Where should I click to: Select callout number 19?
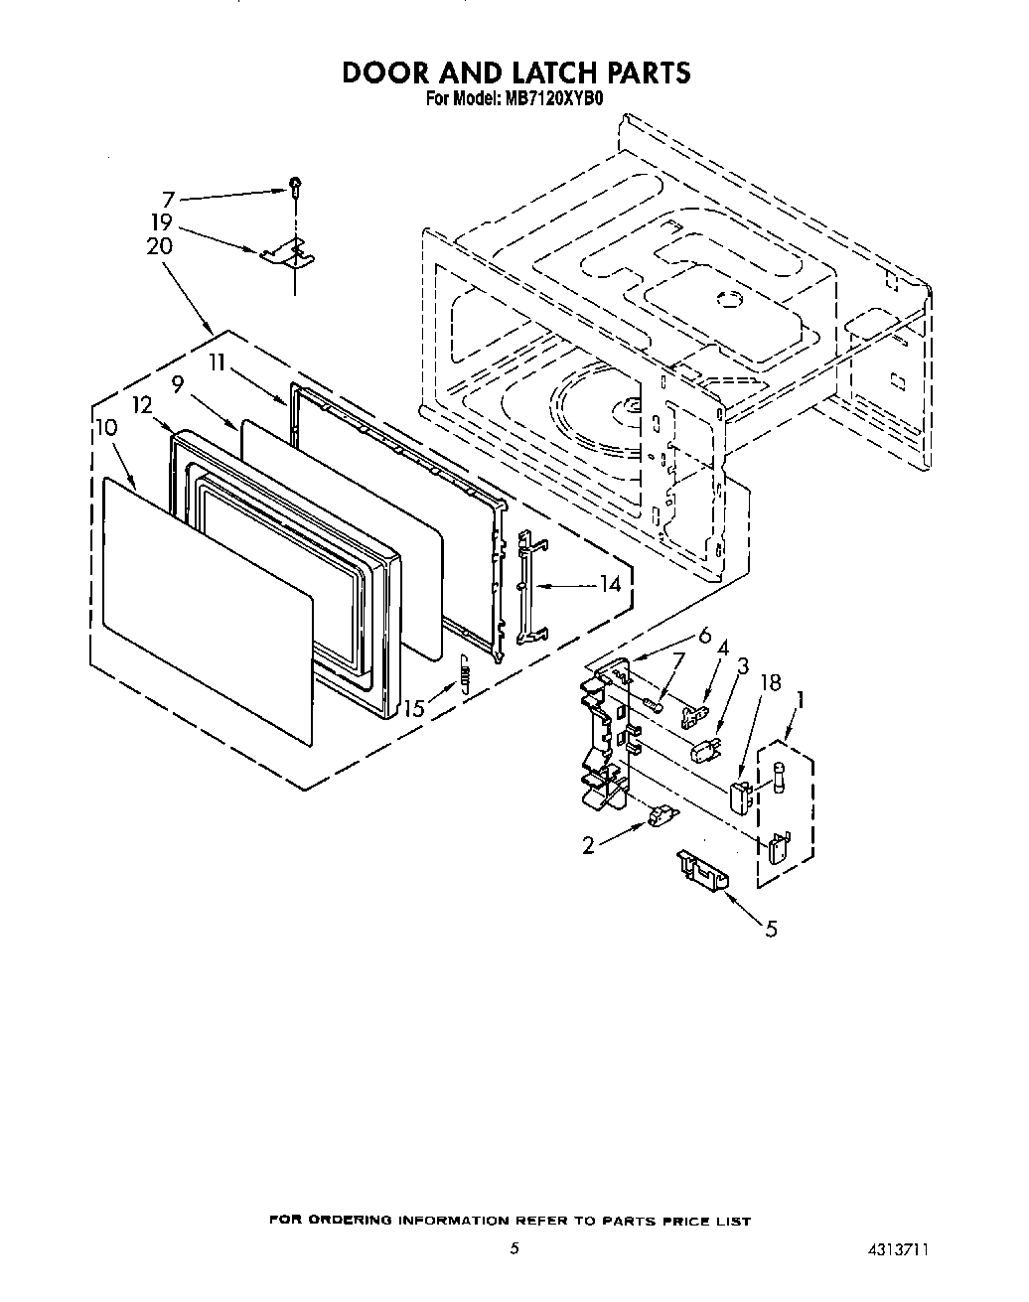(x=162, y=222)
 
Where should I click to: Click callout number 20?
(x=159, y=246)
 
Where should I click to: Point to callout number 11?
(x=220, y=363)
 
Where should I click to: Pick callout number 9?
(x=177, y=382)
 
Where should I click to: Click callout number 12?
(x=142, y=405)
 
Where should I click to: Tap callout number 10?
(x=106, y=428)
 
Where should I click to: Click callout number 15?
(x=414, y=708)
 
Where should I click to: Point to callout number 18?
(x=770, y=682)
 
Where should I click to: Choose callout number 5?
(x=771, y=930)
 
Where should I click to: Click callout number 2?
(x=589, y=845)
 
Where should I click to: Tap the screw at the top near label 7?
(x=295, y=183)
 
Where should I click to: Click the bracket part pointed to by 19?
(x=287, y=256)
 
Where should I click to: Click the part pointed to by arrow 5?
(x=701, y=867)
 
